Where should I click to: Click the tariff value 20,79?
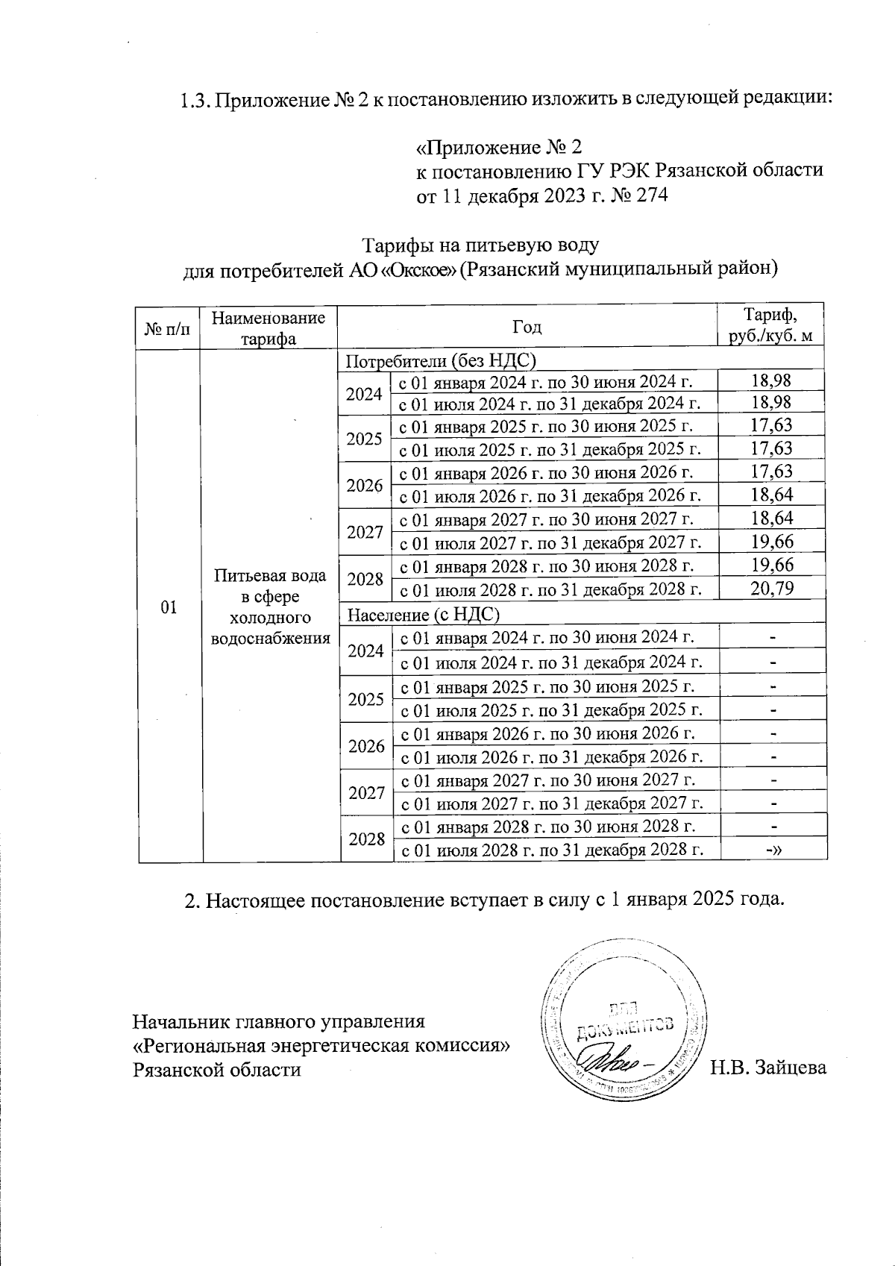pyautogui.click(x=772, y=589)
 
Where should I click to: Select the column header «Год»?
pyautogui.click(x=527, y=328)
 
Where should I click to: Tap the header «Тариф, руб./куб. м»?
pyautogui.click(x=770, y=326)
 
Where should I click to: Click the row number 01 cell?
pyautogui.click(x=169, y=607)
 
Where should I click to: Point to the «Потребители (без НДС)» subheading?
pyautogui.click(x=442, y=361)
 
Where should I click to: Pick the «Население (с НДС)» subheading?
pyautogui.click(x=424, y=615)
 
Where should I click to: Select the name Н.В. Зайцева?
pyautogui.click(x=767, y=1068)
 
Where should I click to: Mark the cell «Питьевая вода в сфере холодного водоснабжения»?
pyautogui.click(x=271, y=607)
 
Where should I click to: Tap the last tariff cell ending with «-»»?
pyautogui.click(x=773, y=850)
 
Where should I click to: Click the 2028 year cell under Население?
pyautogui.click(x=367, y=839)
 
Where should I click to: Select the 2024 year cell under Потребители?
pyautogui.click(x=364, y=394)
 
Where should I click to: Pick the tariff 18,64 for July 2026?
pyautogui.click(x=772, y=495)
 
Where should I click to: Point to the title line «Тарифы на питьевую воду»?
pyautogui.click(x=480, y=245)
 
